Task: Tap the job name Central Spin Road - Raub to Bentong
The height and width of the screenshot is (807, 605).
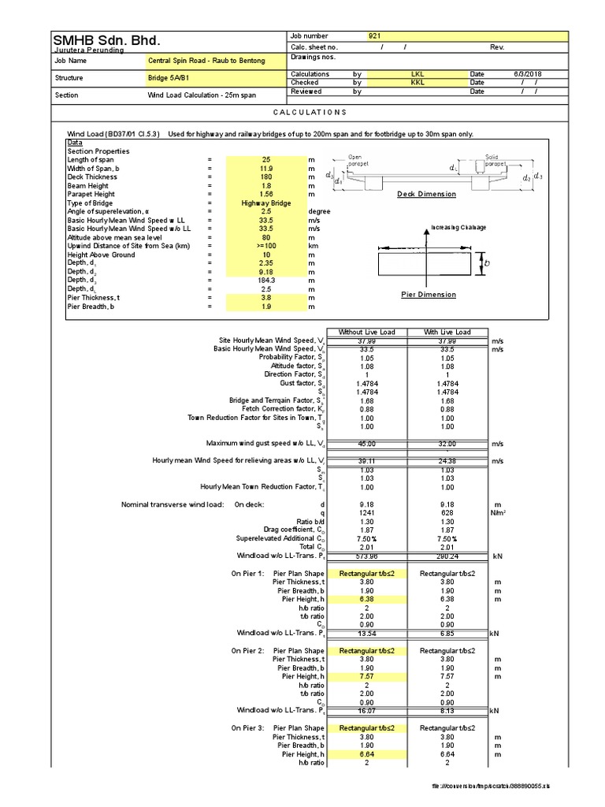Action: point(206,61)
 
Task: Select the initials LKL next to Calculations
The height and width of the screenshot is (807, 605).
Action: point(418,74)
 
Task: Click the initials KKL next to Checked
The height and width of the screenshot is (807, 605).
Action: point(418,82)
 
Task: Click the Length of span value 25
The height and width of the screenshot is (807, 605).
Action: point(266,160)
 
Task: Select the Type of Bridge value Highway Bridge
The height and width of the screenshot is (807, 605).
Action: point(266,203)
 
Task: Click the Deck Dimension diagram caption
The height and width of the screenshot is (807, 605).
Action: point(426,194)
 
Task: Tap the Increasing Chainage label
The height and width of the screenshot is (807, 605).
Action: point(458,228)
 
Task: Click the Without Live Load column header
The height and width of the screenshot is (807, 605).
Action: point(366,333)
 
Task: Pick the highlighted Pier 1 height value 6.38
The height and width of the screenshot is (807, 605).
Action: point(366,599)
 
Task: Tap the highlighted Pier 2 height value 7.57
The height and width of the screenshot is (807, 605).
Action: point(366,676)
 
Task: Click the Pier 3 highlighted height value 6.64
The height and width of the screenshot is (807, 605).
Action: point(366,754)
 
